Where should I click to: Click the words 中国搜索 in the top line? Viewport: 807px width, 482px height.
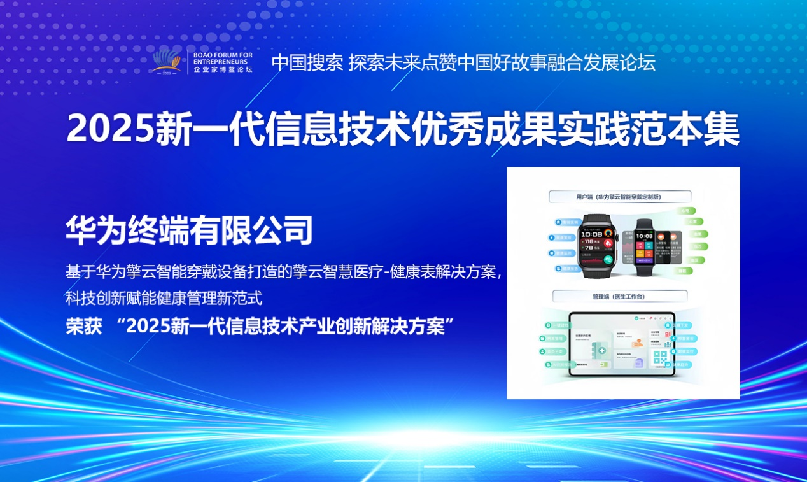pyautogui.click(x=307, y=62)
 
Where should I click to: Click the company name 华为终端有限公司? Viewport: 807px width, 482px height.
pyautogui.click(x=189, y=230)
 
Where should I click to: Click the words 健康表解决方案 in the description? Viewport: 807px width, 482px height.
pyautogui.click(x=444, y=272)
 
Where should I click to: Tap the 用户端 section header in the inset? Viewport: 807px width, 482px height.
pyautogui.click(x=621, y=197)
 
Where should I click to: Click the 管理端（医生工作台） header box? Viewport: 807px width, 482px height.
pyautogui.click(x=620, y=296)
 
